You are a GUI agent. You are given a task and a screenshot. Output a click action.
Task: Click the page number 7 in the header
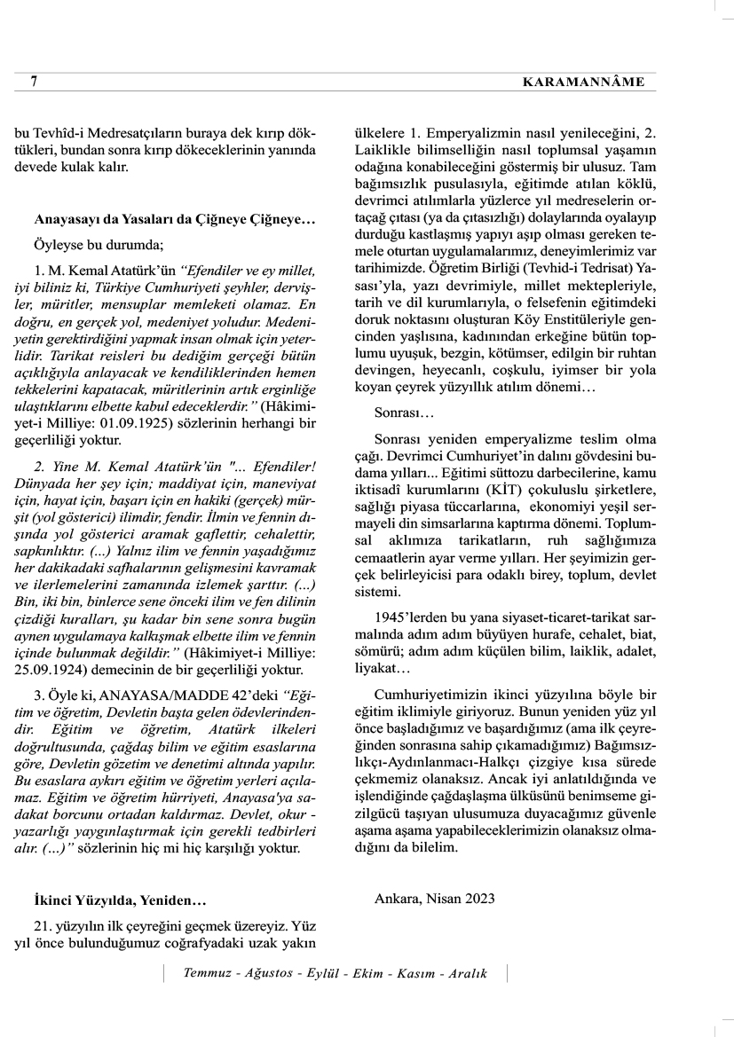(33, 82)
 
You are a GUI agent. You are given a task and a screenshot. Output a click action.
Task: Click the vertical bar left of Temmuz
(164, 973)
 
